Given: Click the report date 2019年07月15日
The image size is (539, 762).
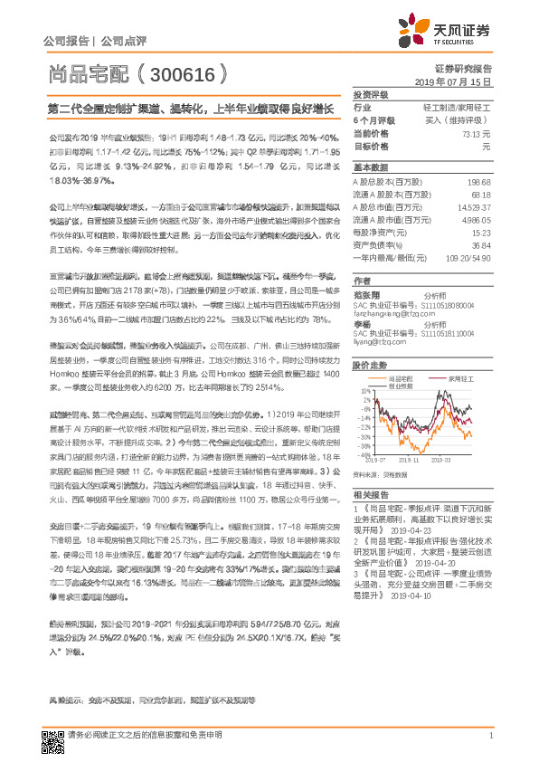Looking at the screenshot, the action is click(459, 81).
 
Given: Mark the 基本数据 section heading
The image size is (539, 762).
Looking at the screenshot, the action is click(369, 167).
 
